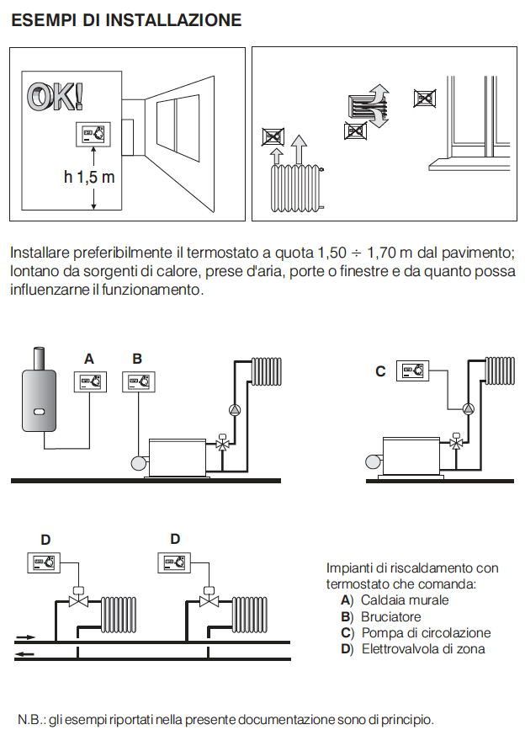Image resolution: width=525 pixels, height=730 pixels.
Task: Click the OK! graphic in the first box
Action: (56, 97)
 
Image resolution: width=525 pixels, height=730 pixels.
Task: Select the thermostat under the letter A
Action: (93, 381)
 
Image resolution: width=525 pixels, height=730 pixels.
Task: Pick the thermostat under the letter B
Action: (139, 381)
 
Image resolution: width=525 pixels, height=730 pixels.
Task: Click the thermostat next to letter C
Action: (414, 370)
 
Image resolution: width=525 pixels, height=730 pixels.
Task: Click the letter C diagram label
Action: (380, 370)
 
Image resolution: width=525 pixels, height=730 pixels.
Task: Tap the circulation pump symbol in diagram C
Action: (467, 408)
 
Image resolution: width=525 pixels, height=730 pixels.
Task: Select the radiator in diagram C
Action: (497, 370)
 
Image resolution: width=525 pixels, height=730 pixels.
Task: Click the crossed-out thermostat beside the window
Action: (426, 98)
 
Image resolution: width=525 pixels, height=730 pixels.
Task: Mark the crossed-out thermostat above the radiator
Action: (273, 136)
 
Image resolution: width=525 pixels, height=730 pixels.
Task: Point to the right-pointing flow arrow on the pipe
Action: (26, 637)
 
